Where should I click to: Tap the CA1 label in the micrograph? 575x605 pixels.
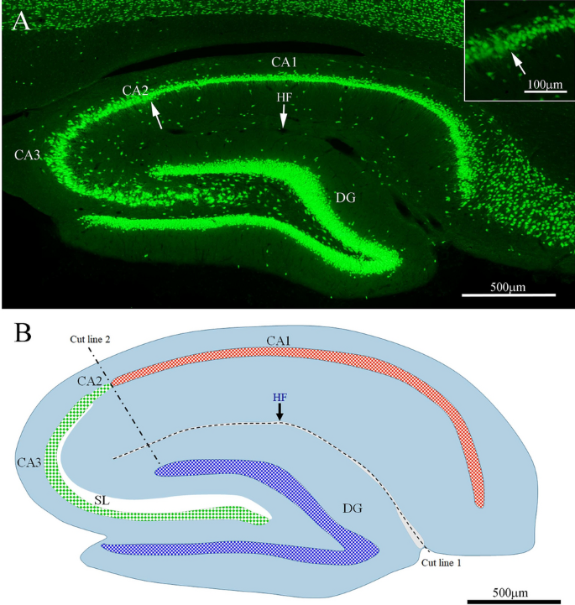pos(284,61)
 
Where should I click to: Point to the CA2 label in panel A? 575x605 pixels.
pos(135,91)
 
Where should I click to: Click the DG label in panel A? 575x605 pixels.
pos(345,198)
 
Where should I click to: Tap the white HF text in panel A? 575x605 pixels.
pos(284,98)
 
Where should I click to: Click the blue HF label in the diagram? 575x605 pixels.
pos(280,396)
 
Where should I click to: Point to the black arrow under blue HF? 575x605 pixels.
pos(280,412)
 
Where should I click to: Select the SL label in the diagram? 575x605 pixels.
pos(102,499)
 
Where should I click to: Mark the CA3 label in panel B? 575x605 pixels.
pos(29,462)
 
